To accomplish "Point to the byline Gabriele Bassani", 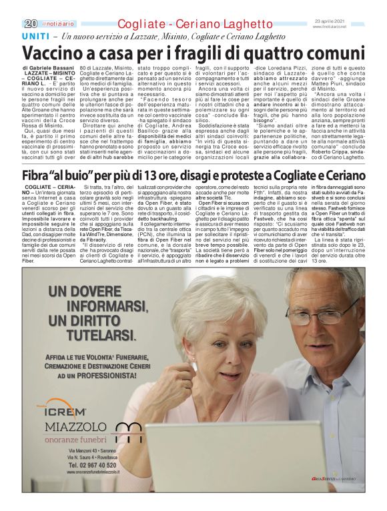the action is (x=55, y=68).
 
